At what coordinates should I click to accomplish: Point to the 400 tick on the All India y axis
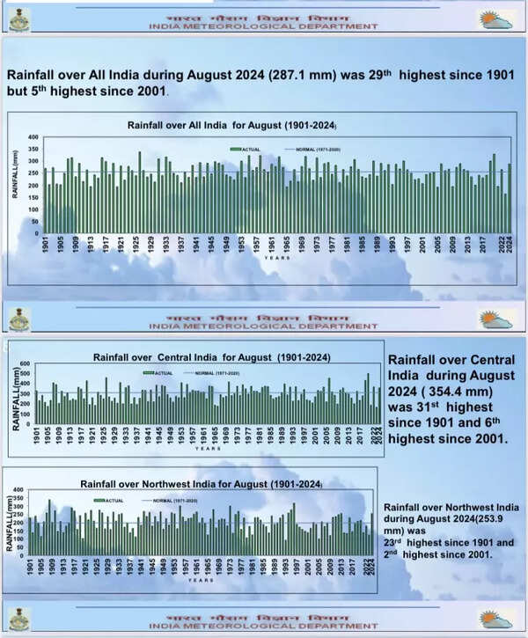tap(32, 137)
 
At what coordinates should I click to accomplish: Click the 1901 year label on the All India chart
tap(45, 245)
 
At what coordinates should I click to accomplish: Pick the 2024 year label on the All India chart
tap(510, 245)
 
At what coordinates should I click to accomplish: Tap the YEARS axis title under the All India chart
tap(275, 258)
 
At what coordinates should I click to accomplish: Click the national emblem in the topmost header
tap(18, 19)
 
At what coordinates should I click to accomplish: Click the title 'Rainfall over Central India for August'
tap(211, 357)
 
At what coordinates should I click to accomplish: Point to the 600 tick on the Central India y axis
tap(26, 364)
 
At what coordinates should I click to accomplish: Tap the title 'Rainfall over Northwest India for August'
tap(201, 484)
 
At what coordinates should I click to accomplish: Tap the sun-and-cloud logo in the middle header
tap(495, 318)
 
